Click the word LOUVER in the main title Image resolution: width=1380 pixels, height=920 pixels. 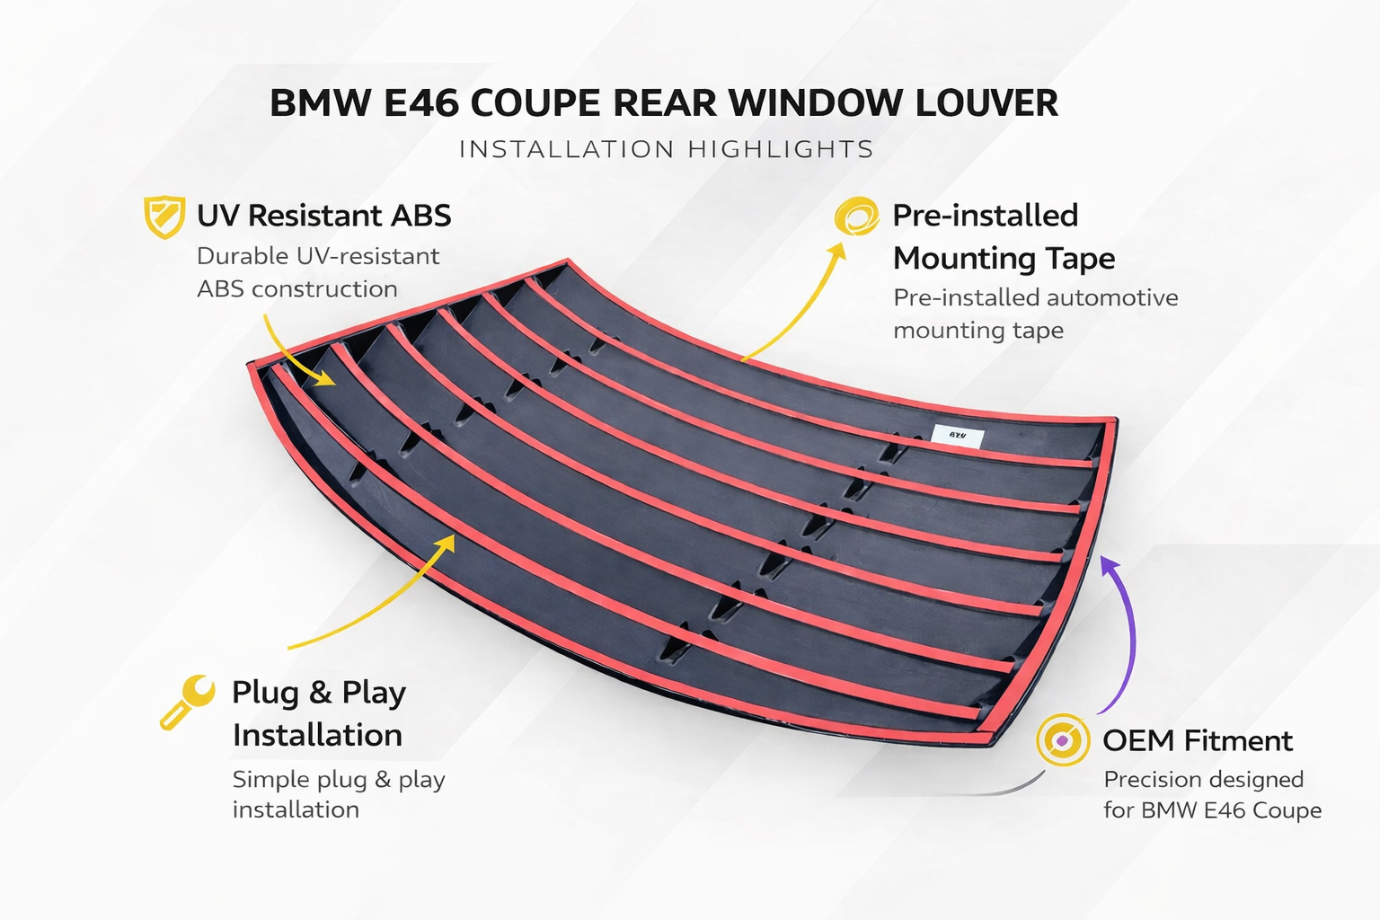pos(986,103)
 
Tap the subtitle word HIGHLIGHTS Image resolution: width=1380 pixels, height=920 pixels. pos(781,149)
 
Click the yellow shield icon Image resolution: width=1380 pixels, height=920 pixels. pos(164,217)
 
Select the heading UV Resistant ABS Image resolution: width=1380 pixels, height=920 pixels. pos(323,216)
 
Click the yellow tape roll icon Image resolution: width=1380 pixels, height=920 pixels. pos(855,217)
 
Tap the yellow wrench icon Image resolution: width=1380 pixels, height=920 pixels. pos(187,702)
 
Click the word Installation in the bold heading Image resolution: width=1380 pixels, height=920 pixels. pos(317,735)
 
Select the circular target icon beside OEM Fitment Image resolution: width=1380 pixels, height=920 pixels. pos(1063,739)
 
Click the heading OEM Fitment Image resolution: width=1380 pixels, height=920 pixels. pos(1197,740)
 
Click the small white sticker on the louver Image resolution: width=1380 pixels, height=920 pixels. pos(958,437)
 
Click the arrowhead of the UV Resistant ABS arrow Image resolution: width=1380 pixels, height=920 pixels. pos(324,377)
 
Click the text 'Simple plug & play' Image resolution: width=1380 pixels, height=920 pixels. pos(339,779)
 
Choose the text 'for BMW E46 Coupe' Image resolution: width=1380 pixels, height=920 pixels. pos(1212,810)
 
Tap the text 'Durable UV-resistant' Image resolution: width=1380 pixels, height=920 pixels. pos(318,256)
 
